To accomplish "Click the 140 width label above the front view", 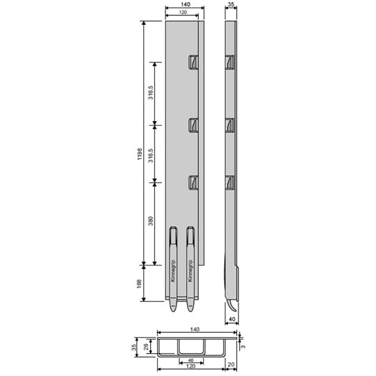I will (x=184, y=4).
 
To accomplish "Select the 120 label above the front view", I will (x=184, y=13).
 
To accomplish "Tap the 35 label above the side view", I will (x=232, y=4).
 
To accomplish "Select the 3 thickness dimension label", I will (x=242, y=343).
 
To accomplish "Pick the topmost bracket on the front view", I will (x=193, y=63).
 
